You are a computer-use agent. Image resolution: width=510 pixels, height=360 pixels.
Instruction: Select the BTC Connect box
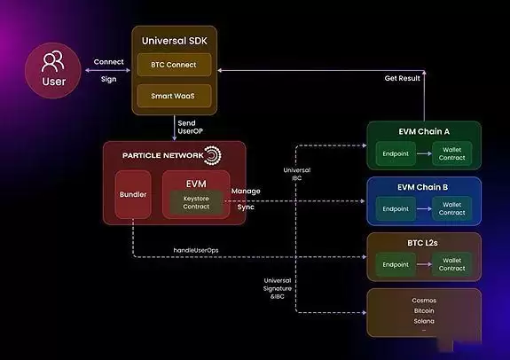[173, 65]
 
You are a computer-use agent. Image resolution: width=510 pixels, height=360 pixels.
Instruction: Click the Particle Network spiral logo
[212, 156]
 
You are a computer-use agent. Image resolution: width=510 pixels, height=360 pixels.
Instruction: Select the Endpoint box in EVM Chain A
[396, 152]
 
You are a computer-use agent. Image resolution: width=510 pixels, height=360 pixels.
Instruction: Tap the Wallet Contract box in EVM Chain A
[451, 152]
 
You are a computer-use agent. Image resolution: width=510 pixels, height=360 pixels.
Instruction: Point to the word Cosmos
[424, 301]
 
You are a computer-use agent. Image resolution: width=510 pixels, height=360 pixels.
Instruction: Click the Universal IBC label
[296, 173]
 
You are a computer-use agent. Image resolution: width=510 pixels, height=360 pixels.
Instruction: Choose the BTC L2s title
[424, 242]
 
